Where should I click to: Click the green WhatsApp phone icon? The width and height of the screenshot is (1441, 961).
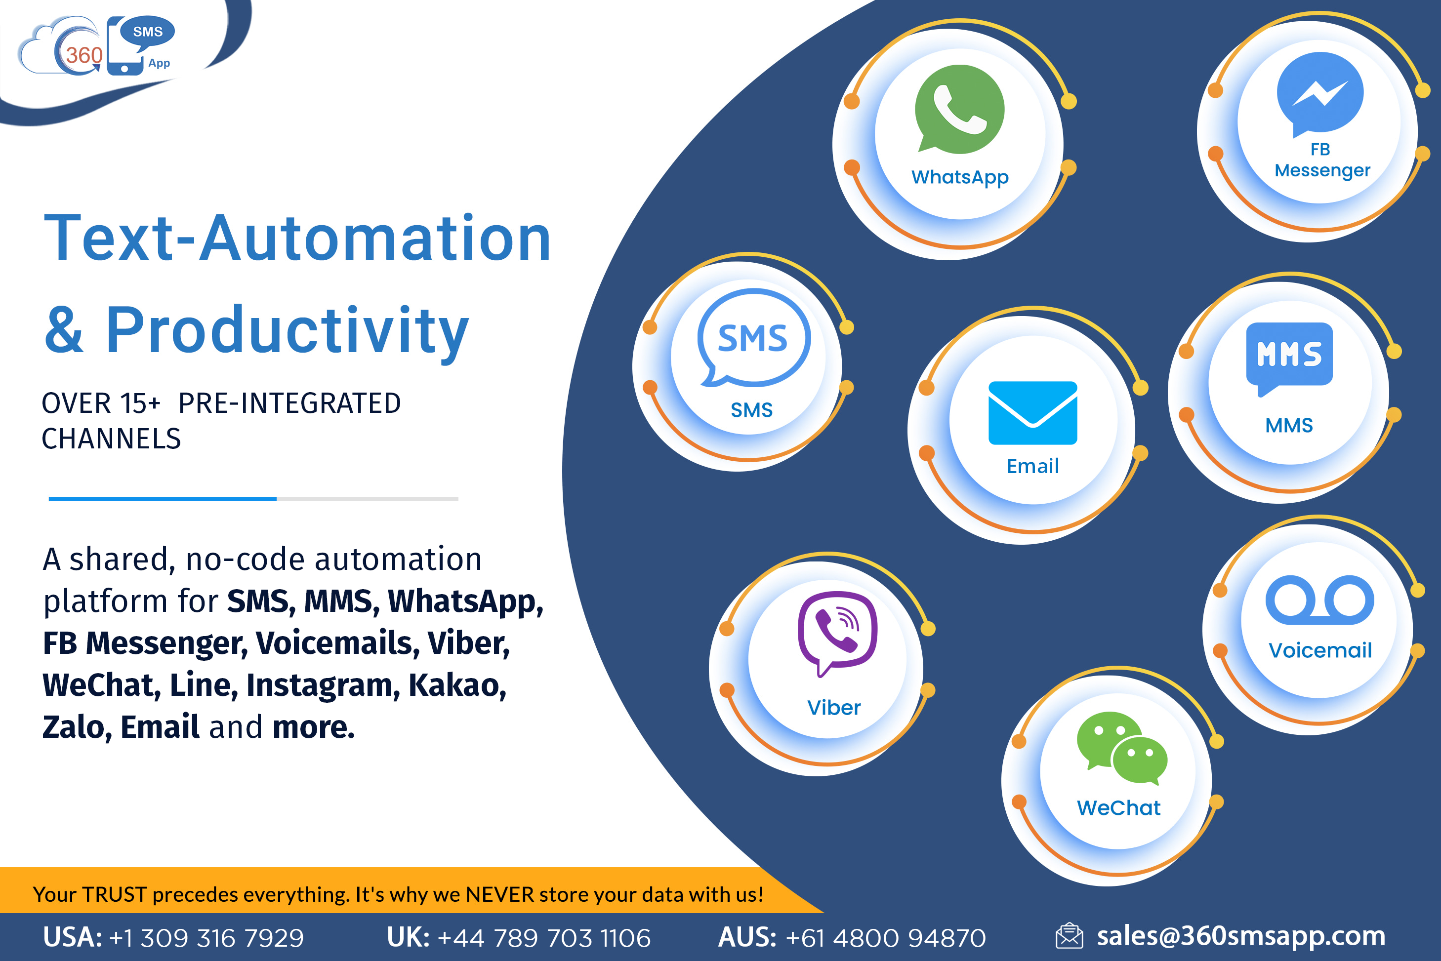pos(959,109)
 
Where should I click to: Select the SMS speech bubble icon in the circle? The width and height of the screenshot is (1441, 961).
pos(753,338)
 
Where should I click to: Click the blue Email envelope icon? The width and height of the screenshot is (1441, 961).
pos(1033,412)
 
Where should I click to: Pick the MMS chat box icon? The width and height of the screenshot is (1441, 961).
pos(1289,359)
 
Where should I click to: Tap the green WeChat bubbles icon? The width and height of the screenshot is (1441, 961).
pos(1122,748)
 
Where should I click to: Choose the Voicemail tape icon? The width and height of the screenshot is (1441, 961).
pos(1319,600)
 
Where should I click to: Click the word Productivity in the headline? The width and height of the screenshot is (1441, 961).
pos(287,331)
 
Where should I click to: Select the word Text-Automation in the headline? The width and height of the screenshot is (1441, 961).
pos(298,238)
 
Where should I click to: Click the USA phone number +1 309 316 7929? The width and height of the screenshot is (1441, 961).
pos(206,938)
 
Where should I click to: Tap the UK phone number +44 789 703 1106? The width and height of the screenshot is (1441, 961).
pos(544,938)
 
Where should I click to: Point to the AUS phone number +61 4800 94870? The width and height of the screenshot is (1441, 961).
pos(886,938)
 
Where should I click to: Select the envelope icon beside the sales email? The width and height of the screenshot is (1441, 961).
pos(1069,936)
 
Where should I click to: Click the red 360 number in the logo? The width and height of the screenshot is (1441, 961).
pos(84,55)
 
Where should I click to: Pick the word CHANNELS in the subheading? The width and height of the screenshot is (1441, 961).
pos(111,439)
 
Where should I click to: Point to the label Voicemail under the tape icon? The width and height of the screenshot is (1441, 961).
pos(1319,650)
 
